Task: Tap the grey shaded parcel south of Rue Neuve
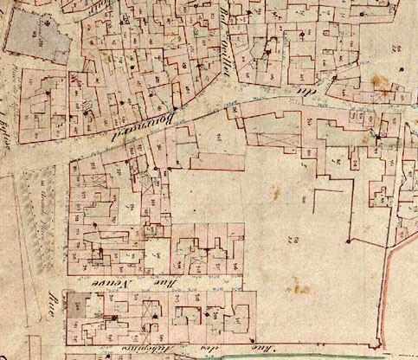point(81,305)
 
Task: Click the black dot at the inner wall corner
point(347,240)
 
